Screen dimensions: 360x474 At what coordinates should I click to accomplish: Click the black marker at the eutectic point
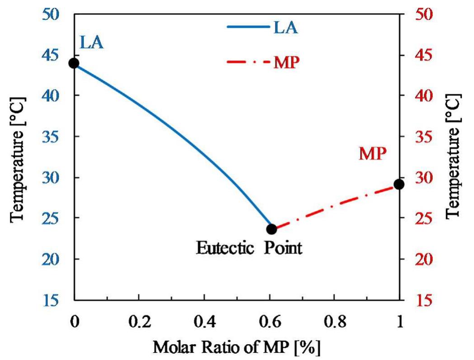[x=271, y=229]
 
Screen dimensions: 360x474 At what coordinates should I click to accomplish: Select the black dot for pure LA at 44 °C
[x=74, y=63]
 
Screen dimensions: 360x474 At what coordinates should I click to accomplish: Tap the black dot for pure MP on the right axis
[x=398, y=184]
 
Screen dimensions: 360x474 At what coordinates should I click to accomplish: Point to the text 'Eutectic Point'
[x=248, y=248]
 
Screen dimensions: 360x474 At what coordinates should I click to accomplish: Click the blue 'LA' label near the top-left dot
[x=92, y=43]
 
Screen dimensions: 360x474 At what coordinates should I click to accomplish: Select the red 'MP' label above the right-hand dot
[x=373, y=154]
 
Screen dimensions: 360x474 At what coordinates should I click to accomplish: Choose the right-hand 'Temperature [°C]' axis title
[x=454, y=156]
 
